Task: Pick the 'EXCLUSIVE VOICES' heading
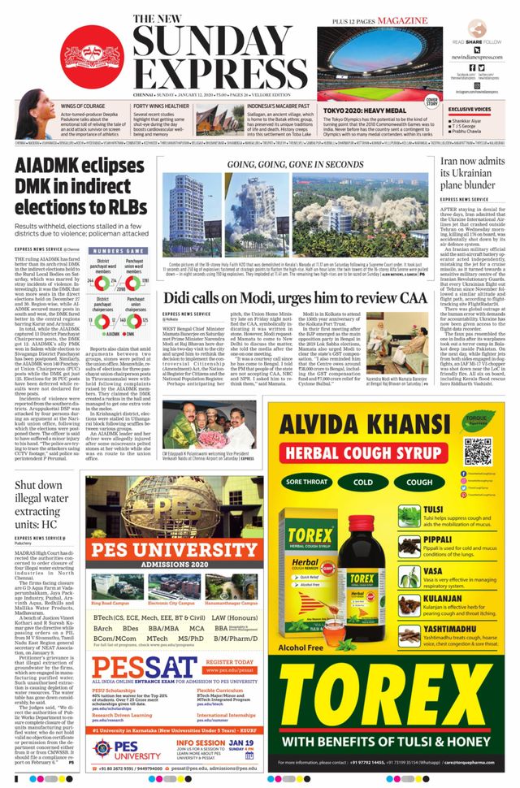(x=470, y=109)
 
